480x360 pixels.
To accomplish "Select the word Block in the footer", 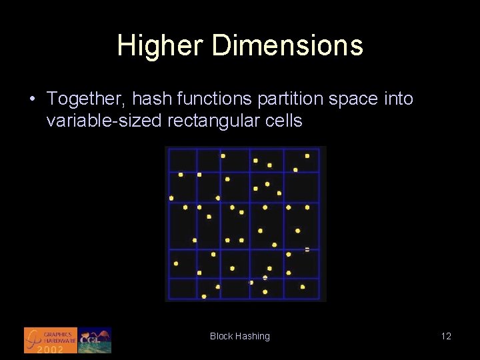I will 221,336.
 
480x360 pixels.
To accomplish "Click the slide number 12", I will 446,336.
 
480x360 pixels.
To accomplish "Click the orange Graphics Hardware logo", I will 51,339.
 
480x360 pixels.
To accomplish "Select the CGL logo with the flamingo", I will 95,340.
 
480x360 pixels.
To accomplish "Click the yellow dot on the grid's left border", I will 171,198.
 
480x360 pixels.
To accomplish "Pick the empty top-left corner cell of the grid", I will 183,161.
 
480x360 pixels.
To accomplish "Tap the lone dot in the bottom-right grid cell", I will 303,287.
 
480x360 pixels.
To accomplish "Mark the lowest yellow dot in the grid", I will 204,297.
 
